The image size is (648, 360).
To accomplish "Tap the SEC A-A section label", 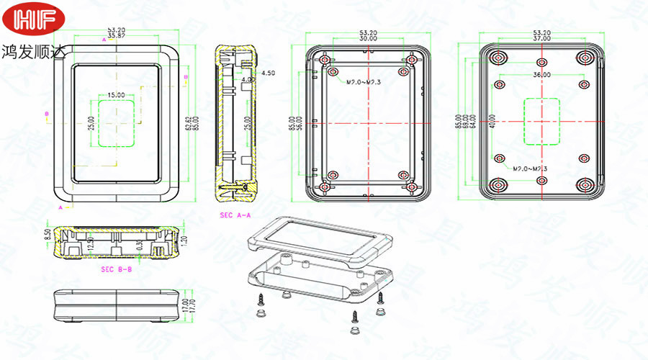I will click(234, 215).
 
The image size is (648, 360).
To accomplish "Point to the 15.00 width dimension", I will click(116, 95).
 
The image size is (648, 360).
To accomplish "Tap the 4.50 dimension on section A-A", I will click(268, 73).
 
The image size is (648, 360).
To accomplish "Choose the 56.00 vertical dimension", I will click(300, 124).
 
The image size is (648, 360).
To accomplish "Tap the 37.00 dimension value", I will click(541, 39).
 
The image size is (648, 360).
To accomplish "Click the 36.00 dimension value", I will click(541, 74).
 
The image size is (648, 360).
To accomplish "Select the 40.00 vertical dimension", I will click(492, 122).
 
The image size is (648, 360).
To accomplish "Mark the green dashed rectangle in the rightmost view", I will click(541, 121).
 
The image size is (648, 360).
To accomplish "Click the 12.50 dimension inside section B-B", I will click(91, 245).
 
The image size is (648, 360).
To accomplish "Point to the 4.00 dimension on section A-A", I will click(247, 79).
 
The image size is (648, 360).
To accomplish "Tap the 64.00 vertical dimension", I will click(473, 123).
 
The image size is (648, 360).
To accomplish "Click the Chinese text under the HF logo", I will click(33, 53).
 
